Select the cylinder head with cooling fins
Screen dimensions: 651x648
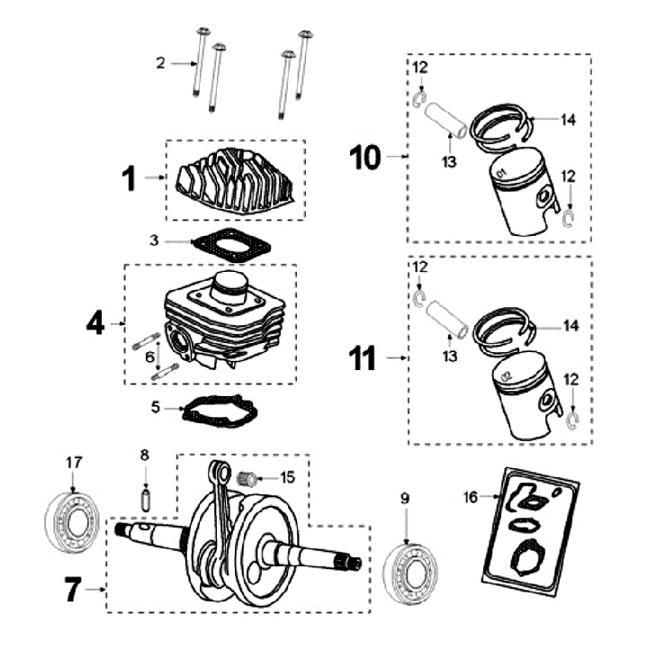(236, 183)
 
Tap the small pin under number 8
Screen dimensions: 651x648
(144, 496)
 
